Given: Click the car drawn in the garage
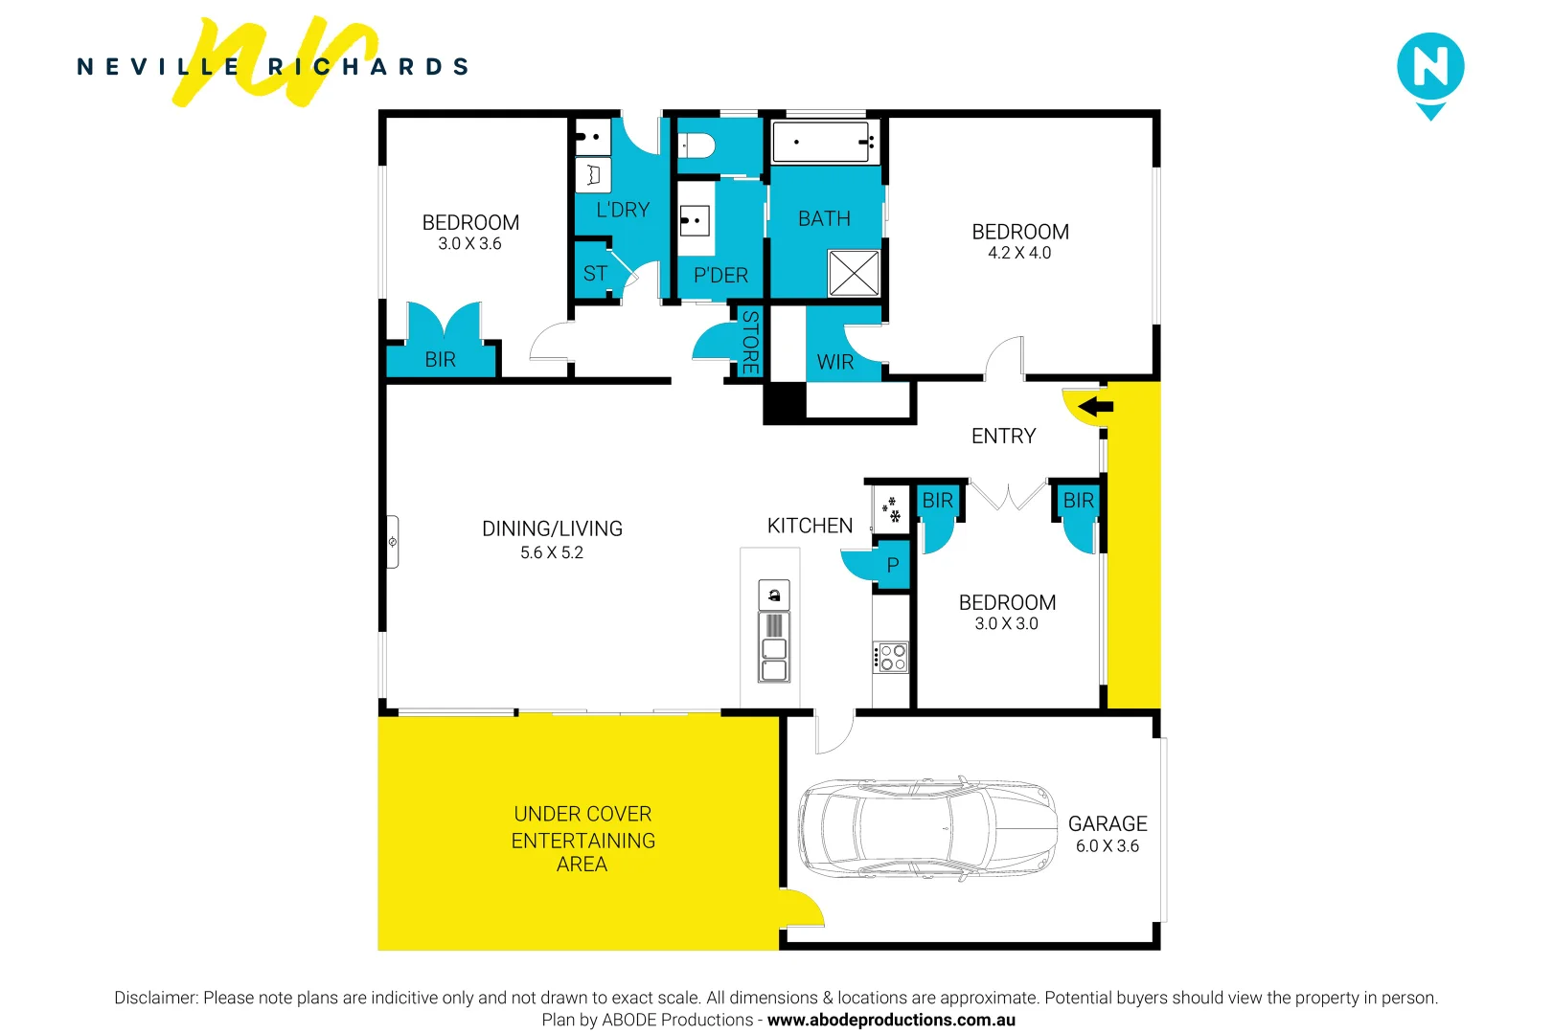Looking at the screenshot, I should tap(926, 828).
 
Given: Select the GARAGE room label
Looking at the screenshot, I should tap(1108, 824).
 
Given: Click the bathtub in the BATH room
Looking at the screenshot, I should tap(825, 142).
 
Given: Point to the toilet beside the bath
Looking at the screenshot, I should tap(697, 146).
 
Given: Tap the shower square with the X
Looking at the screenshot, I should tap(853, 274).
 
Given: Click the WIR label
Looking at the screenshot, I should tap(834, 363).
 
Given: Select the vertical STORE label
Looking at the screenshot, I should tap(750, 342).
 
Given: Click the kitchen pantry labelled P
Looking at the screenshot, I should tap(892, 566).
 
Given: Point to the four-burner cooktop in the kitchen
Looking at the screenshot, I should tap(891, 658).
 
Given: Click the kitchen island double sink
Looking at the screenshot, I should tap(774, 660).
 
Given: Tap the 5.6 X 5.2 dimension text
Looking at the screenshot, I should tap(552, 552).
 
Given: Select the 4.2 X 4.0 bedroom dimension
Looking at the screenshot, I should tap(1019, 253).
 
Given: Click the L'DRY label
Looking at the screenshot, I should tap(623, 210).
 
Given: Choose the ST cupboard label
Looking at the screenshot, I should tap(595, 274).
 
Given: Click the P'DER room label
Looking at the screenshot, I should tap(720, 276).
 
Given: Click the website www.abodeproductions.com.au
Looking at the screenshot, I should tap(891, 1020).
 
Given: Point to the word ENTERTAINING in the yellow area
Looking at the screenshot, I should tap(582, 841).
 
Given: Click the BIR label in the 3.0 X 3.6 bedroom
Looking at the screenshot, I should tap(440, 360).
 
